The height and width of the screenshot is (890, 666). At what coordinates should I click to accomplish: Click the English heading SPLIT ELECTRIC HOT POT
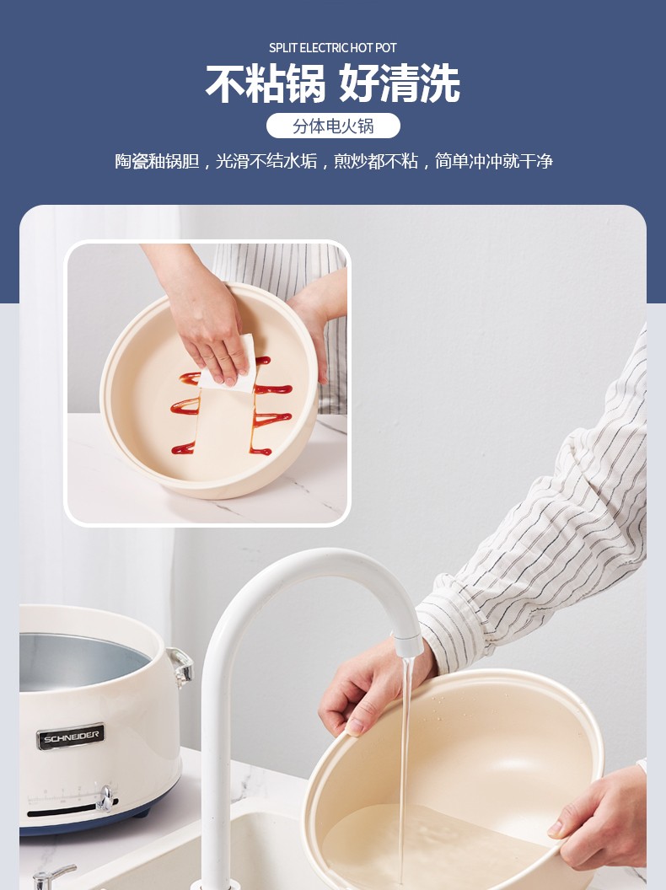(x=333, y=48)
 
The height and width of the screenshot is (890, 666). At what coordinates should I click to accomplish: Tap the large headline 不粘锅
(x=266, y=83)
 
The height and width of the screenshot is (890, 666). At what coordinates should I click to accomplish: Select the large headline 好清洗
(x=400, y=83)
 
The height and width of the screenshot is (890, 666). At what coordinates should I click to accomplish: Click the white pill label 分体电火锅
(x=333, y=126)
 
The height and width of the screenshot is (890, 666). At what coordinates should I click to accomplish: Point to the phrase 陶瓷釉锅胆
(x=157, y=161)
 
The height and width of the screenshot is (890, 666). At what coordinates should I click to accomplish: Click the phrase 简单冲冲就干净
(x=494, y=161)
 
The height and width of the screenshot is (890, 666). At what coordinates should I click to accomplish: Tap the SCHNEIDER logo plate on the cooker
(x=71, y=736)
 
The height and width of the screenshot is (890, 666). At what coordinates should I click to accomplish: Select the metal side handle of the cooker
(x=181, y=667)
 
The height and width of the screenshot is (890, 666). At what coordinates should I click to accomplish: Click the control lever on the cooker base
(x=105, y=798)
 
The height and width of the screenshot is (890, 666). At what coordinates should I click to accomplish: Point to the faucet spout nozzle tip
(x=409, y=647)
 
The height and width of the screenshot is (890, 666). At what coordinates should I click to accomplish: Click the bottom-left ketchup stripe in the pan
(x=184, y=448)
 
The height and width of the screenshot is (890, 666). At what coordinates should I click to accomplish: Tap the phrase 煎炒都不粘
(x=376, y=161)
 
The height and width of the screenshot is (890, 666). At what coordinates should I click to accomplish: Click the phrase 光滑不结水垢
(x=266, y=161)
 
